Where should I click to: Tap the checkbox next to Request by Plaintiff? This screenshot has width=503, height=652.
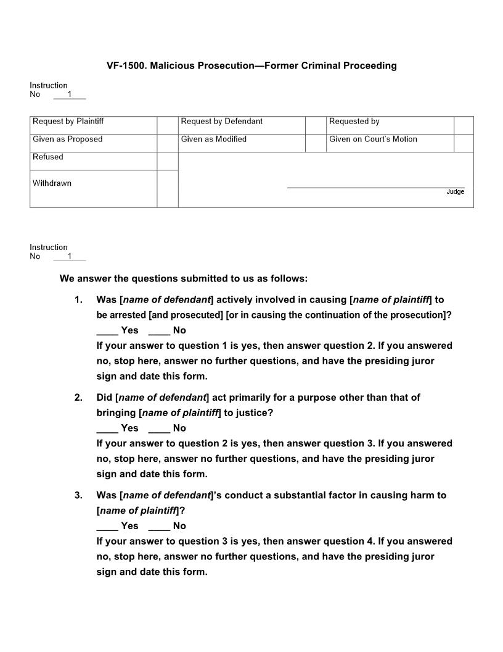coord(167,125)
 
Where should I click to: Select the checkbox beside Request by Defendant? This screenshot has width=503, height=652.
coord(316,125)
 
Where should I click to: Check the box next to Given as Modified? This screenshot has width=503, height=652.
coord(316,143)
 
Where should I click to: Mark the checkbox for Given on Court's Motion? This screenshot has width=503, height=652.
coord(464,143)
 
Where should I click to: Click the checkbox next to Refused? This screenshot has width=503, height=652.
coord(167,161)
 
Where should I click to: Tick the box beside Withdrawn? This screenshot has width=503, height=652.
coord(167,188)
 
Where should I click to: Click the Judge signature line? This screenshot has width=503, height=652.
coord(375,186)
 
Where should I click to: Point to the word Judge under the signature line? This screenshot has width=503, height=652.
coord(455,192)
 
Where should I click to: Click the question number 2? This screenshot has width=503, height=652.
coord(78,398)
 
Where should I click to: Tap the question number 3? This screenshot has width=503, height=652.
coord(78,495)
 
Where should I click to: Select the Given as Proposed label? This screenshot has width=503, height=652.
coord(68,140)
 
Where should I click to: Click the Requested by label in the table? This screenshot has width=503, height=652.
coord(354,122)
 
